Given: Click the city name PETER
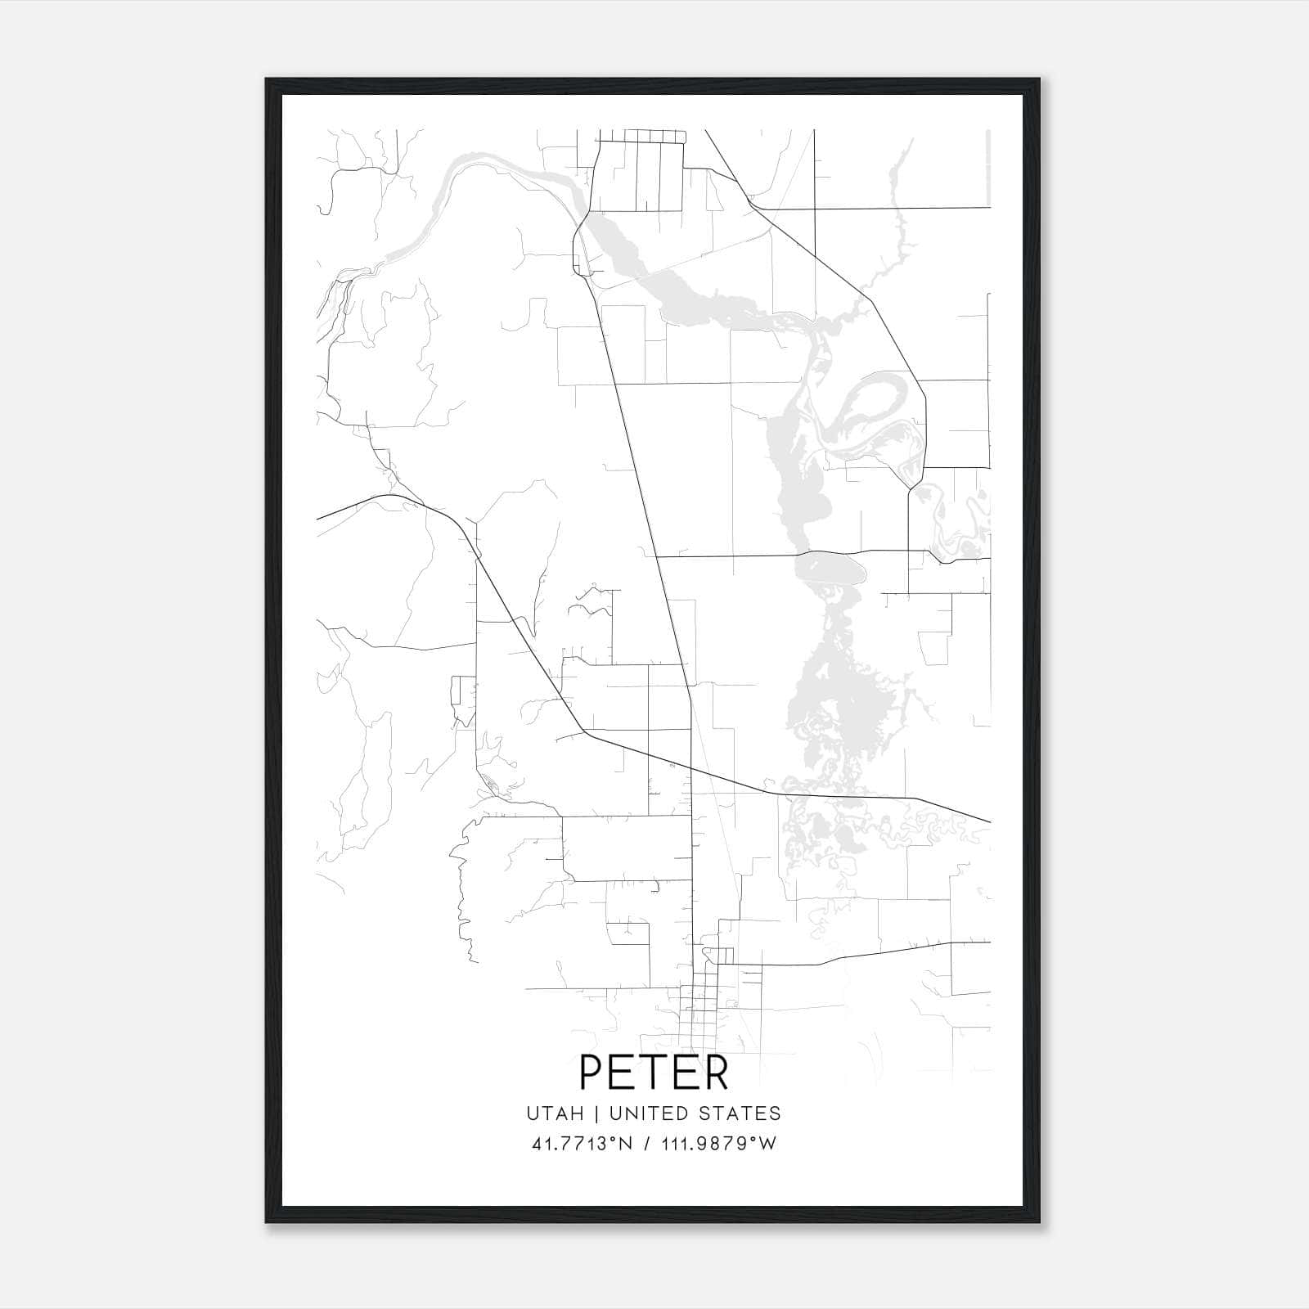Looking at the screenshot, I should point(654,1073).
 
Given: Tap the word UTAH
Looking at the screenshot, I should point(556,1113).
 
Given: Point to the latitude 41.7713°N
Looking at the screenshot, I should point(581,1144).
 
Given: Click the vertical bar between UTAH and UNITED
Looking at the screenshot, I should point(596,1113).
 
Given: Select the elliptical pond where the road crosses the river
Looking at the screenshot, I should point(830,567).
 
